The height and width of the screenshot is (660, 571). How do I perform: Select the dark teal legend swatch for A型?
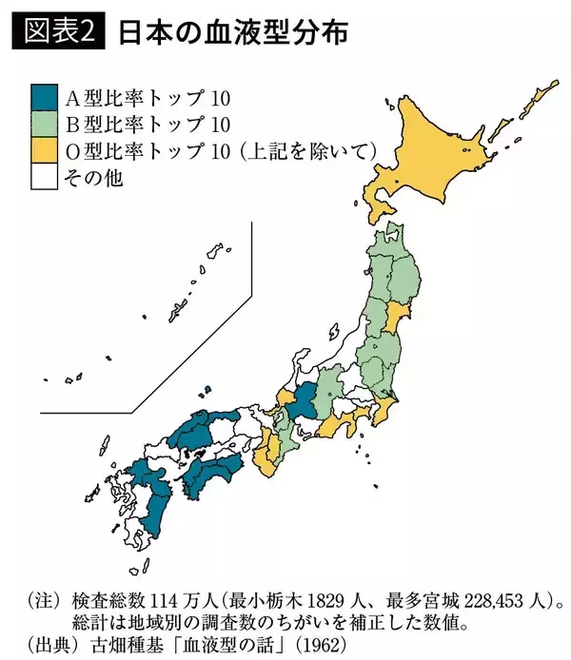click(44, 97)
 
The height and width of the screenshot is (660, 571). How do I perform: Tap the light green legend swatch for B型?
click(44, 124)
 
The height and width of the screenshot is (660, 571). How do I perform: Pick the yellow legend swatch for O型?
click(44, 150)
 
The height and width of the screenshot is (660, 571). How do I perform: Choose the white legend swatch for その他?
click(44, 177)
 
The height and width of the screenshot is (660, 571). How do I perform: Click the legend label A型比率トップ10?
click(148, 97)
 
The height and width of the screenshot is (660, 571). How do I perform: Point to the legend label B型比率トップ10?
click(148, 124)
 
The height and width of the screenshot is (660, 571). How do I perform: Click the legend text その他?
click(93, 177)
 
